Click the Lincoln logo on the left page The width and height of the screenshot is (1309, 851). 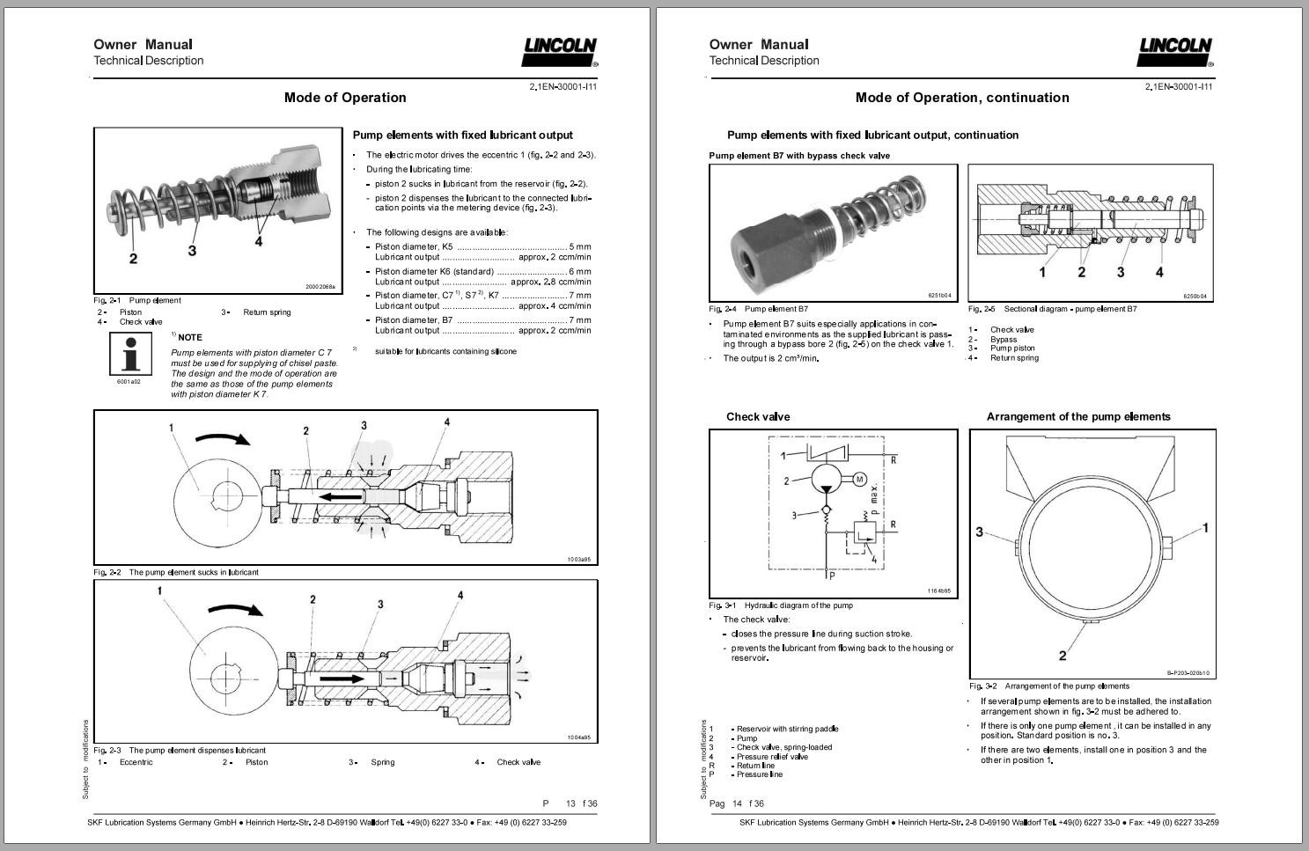559,52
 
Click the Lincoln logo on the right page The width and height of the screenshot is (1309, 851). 1174,52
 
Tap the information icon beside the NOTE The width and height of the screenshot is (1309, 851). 130,354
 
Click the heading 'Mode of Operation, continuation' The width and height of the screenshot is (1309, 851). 962,98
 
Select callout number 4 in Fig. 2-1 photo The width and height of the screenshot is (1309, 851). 258,241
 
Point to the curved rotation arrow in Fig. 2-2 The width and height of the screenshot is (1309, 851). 223,438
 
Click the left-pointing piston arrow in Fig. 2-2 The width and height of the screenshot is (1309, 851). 342,497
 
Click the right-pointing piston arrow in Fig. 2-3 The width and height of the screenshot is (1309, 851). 342,679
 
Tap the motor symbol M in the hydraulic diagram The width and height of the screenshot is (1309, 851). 860,480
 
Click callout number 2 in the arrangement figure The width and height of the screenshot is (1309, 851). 1063,656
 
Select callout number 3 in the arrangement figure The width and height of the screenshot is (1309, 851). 980,532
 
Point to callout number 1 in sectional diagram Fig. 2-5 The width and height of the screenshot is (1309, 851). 1042,272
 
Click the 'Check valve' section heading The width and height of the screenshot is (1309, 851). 758,416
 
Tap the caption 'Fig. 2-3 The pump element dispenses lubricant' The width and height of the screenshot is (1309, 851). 180,751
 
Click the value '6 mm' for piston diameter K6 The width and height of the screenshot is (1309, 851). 580,272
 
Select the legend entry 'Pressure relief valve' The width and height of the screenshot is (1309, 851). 772,756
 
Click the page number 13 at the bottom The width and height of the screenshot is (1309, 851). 570,803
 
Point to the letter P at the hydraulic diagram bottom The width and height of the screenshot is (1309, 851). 832,576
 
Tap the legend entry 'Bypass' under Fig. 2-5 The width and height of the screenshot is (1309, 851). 1004,340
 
